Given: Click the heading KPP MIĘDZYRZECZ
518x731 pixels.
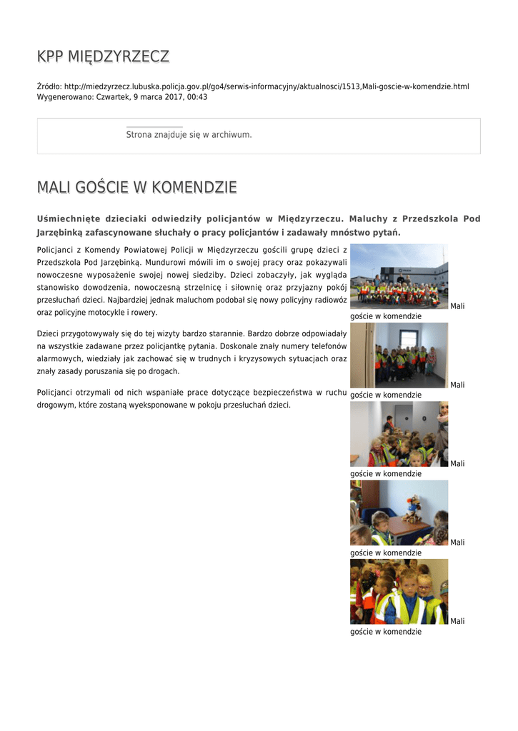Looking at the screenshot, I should (103, 56).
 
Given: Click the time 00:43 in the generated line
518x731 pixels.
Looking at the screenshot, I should (197, 96).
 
